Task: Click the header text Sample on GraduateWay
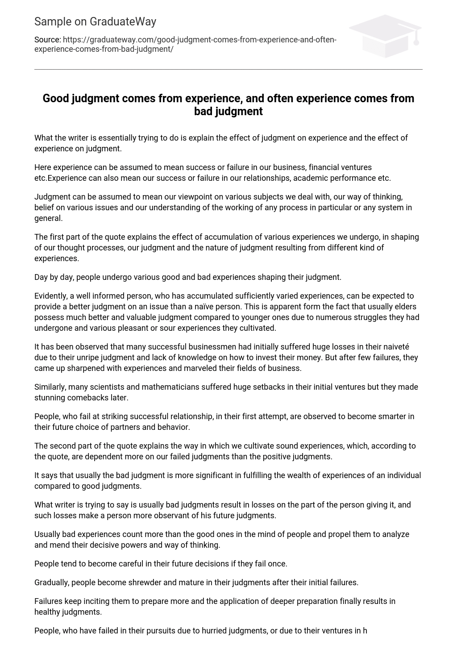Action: click(x=95, y=21)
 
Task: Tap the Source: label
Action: click(x=47, y=40)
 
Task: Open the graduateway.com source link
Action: click(x=185, y=44)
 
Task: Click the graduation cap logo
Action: click(x=385, y=36)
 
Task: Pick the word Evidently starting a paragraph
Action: click(x=51, y=296)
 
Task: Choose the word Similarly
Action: click(x=51, y=387)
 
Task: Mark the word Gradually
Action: click(x=52, y=583)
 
